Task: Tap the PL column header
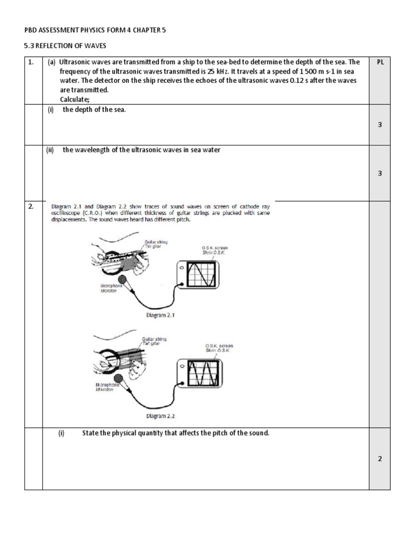click(380, 62)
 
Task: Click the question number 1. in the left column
click(31, 62)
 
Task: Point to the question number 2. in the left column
click(31, 206)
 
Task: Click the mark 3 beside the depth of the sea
click(380, 124)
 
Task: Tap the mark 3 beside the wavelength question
click(380, 173)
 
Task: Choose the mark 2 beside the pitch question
click(380, 459)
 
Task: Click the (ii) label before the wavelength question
click(50, 150)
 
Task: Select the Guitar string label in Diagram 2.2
click(154, 339)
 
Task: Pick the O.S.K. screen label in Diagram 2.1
click(213, 248)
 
